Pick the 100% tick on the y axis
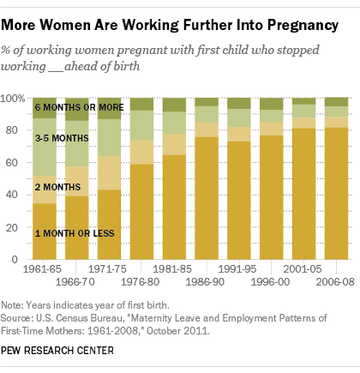click(x=16, y=99)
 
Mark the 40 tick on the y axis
click(x=18, y=195)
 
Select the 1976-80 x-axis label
click(x=141, y=280)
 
